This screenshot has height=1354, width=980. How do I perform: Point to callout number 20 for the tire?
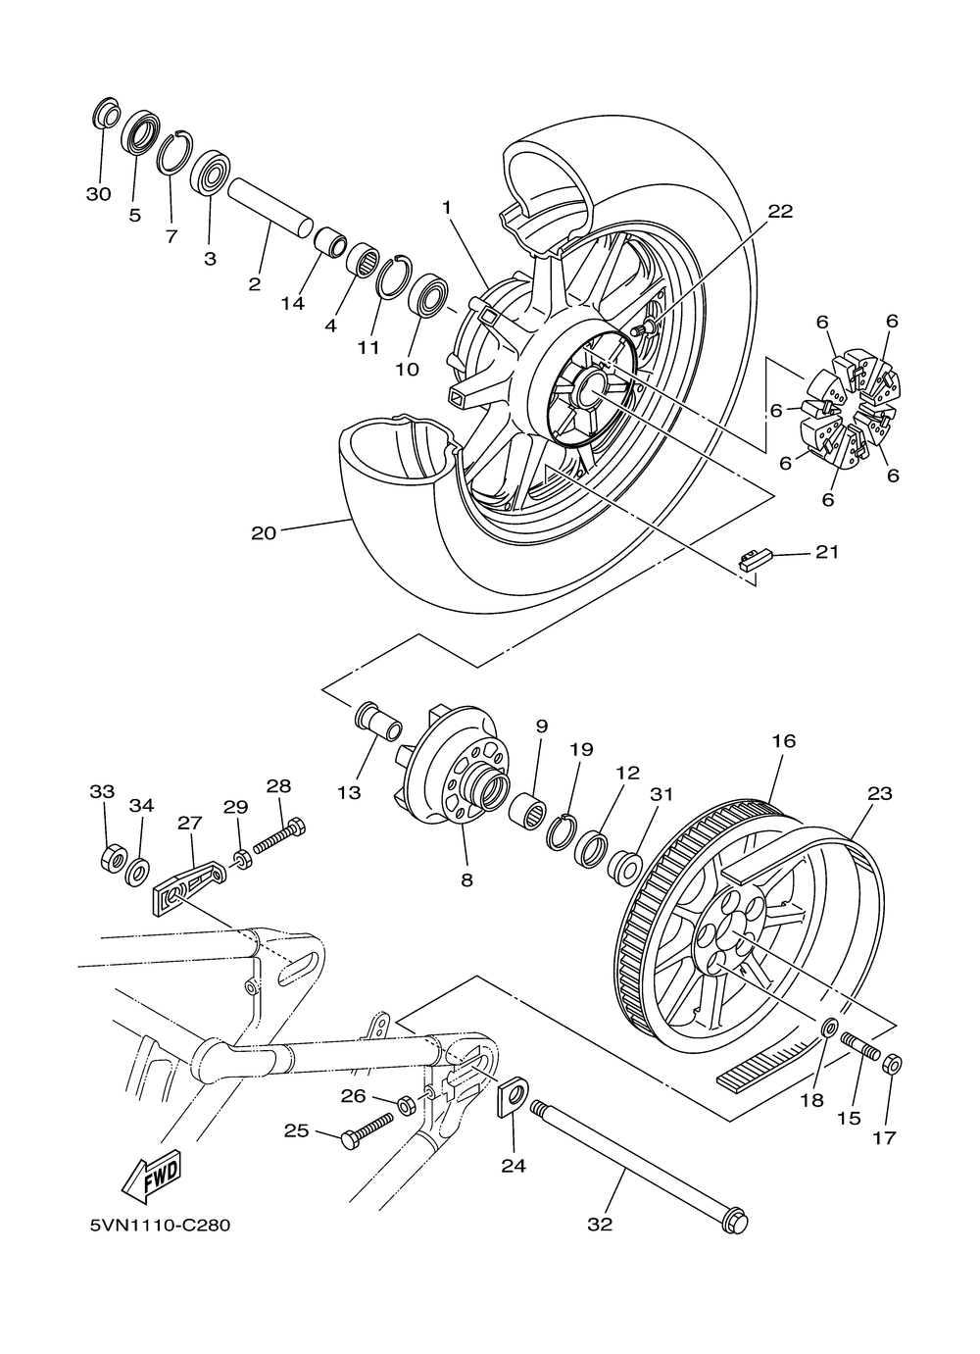(264, 532)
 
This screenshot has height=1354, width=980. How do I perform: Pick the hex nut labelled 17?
(892, 1065)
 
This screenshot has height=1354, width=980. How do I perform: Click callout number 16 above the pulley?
(785, 741)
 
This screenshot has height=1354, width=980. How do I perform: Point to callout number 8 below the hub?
(466, 879)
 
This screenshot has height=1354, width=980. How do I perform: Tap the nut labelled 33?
(113, 860)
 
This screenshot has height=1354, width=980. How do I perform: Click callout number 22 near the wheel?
(780, 211)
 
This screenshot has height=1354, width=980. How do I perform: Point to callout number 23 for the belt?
(880, 793)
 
